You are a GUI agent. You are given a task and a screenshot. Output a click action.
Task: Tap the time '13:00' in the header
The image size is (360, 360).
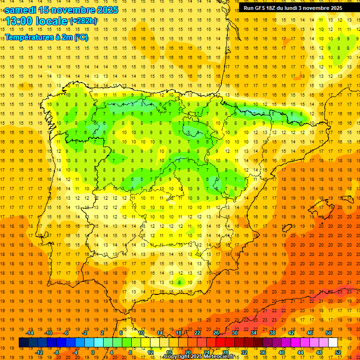(21, 21)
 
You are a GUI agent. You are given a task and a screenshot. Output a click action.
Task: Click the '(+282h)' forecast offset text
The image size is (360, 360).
(83, 21)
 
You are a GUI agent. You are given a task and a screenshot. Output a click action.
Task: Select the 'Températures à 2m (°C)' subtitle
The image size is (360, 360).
(46, 37)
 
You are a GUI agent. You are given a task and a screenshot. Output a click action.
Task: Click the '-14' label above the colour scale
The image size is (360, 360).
(30, 333)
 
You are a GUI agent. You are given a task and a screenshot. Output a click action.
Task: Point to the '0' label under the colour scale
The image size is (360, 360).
(93, 352)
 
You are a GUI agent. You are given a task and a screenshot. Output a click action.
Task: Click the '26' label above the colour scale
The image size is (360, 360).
(216, 333)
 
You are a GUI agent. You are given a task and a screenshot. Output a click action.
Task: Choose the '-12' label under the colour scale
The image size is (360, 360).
(39, 352)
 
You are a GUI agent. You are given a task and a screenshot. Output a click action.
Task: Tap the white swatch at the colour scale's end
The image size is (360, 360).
(333, 343)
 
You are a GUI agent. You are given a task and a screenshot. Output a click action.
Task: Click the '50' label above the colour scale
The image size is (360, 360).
(328, 333)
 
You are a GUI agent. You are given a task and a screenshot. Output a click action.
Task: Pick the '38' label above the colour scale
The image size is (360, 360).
(272, 333)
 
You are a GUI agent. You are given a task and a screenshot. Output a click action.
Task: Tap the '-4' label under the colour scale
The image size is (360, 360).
(75, 352)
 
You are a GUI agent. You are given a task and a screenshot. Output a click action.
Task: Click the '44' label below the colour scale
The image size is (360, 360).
(301, 352)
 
